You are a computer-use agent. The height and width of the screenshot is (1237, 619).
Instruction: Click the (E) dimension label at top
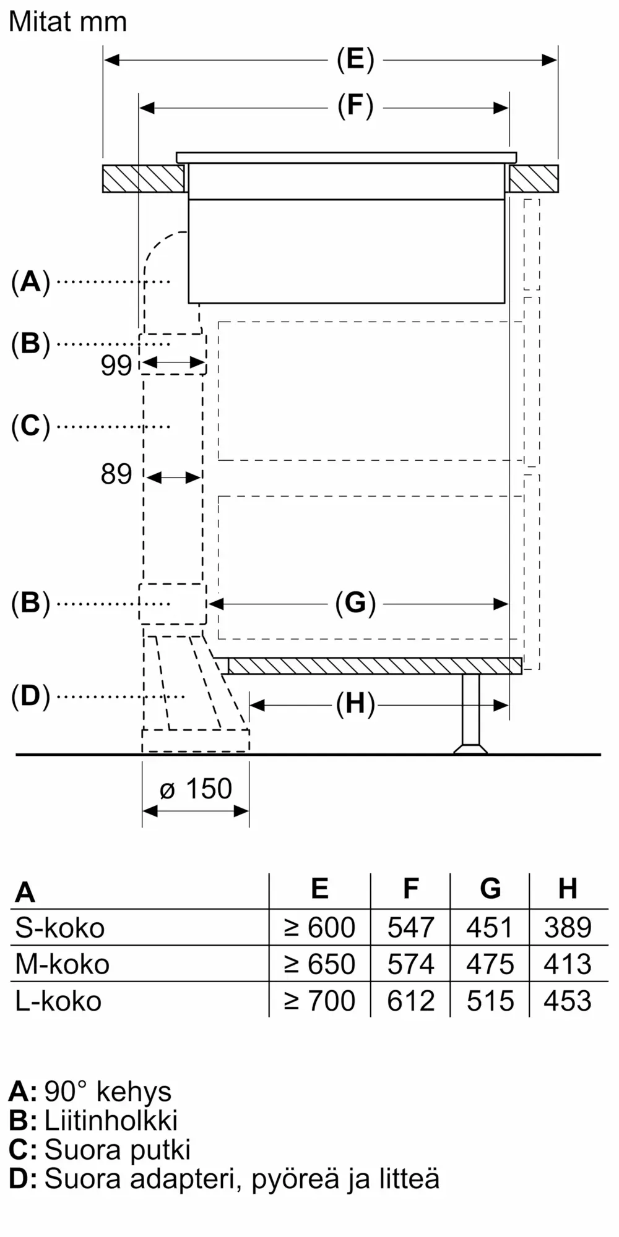click(x=355, y=60)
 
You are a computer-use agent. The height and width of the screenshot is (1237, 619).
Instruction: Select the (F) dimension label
click(x=355, y=106)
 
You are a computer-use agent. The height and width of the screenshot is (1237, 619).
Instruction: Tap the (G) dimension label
click(x=355, y=603)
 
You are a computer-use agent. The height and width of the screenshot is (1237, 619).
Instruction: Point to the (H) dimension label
click(x=355, y=704)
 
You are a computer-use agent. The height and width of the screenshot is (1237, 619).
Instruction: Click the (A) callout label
click(x=30, y=282)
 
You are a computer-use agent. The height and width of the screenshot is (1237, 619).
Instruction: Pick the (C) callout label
click(x=30, y=426)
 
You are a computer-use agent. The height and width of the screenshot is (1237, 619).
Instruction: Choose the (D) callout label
click(x=30, y=696)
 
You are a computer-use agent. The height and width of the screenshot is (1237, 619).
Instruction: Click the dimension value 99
click(x=116, y=366)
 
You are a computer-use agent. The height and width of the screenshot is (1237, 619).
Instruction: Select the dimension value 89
click(x=116, y=474)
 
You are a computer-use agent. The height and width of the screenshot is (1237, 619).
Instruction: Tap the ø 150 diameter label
click(x=196, y=789)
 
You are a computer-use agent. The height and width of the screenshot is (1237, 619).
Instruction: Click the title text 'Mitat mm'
click(x=68, y=22)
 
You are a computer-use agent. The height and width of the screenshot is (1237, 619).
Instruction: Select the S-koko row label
click(x=60, y=928)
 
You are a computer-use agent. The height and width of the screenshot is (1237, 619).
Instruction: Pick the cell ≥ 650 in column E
click(x=319, y=964)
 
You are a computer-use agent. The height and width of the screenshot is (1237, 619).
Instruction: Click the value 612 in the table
click(x=410, y=1001)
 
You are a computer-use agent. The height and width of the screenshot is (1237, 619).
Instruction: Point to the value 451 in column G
click(x=490, y=928)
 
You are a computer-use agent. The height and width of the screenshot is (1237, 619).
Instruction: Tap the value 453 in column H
click(x=568, y=1001)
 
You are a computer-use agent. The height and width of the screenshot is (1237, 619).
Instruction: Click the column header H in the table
click(x=568, y=889)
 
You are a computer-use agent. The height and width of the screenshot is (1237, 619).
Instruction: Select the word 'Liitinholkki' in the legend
click(x=111, y=1121)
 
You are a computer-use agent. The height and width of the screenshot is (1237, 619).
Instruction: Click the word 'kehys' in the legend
click(x=134, y=1092)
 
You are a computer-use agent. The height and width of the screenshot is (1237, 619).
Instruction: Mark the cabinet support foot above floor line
click(x=470, y=714)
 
